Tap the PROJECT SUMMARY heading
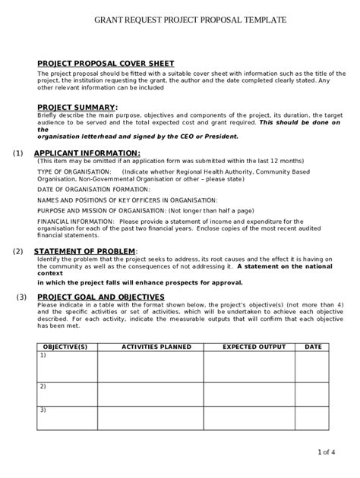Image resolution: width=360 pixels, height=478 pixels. [x=77, y=107]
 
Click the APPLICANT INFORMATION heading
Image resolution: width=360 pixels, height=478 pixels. [x=87, y=153]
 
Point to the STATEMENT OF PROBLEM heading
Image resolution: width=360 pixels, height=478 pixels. [x=86, y=251]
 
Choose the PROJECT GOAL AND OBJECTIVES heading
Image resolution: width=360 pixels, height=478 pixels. [x=101, y=297]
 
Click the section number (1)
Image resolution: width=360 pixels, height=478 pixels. [x=18, y=153]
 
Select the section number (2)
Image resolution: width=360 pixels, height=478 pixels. [x=18, y=251]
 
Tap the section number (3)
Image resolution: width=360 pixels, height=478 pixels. [x=23, y=297]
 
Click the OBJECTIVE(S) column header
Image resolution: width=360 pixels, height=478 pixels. [x=66, y=347]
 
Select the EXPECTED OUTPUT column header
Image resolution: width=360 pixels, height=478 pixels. [x=254, y=347]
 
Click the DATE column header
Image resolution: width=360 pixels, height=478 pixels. [x=313, y=347]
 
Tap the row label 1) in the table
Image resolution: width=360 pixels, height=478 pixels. [x=43, y=355]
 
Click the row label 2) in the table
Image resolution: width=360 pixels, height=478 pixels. [x=43, y=386]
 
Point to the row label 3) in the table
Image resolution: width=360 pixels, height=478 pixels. [x=43, y=410]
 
